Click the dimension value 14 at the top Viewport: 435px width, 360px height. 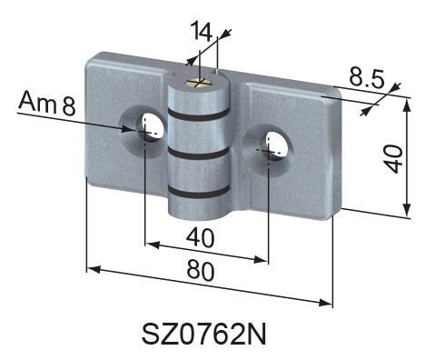pos(201,32)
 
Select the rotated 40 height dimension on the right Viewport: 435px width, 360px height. pos(392,156)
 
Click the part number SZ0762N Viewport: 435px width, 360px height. pos(205,335)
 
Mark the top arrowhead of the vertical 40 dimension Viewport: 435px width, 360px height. pos(406,103)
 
